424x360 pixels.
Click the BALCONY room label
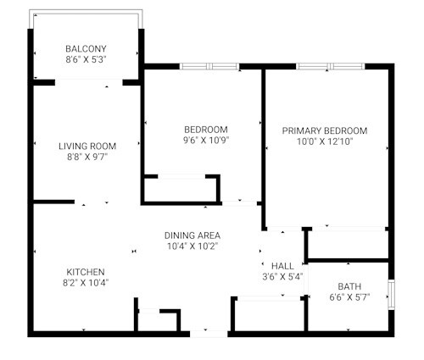(86, 49)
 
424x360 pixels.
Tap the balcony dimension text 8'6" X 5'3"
(86, 59)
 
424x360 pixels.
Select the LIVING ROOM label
(87, 147)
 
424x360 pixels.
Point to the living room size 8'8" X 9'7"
(87, 157)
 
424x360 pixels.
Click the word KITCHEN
(86, 272)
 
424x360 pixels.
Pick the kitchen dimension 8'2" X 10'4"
(86, 283)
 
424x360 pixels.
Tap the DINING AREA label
(192, 235)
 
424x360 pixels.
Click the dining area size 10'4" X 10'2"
(192, 246)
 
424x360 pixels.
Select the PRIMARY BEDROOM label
(325, 131)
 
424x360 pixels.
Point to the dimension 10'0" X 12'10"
(325, 141)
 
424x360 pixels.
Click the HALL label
(282, 266)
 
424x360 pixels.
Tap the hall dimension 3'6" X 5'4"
(282, 277)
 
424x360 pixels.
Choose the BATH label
(349, 286)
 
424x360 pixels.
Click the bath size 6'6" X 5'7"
(349, 297)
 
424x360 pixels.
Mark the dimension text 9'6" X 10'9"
(206, 141)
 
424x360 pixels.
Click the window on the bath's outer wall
(391, 295)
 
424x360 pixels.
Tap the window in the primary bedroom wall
(331, 67)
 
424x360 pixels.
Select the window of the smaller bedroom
(209, 67)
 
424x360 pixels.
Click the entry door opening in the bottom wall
(209, 334)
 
